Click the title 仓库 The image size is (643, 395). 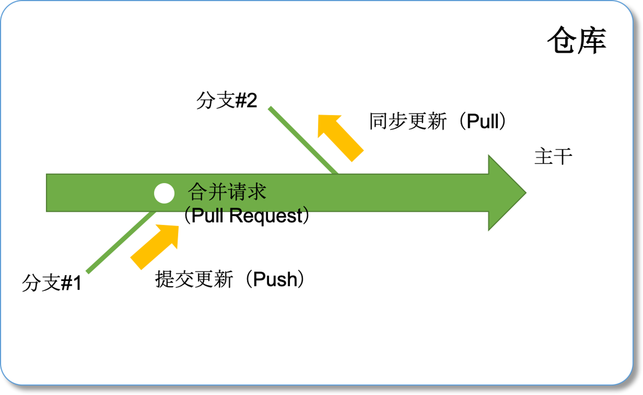pos(576,40)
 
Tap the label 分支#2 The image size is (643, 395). pos(227,100)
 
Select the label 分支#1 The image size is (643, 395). pos(51,283)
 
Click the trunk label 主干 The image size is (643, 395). pos(553,156)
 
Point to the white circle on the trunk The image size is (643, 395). pos(164,193)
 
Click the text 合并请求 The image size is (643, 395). pos(227,192)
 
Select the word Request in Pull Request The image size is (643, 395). pos(266,216)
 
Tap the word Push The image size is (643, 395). pos(275,279)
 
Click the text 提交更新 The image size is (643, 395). pos(194,279)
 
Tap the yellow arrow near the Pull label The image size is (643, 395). pos(340,137)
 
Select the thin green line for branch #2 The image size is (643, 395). pos(303,140)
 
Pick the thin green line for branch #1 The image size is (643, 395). pos(121,242)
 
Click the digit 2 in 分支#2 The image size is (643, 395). pos(252,100)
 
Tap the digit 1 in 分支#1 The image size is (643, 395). pos(77,283)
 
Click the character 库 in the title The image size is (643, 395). pos(592,40)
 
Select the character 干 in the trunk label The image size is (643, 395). pos(563,156)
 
